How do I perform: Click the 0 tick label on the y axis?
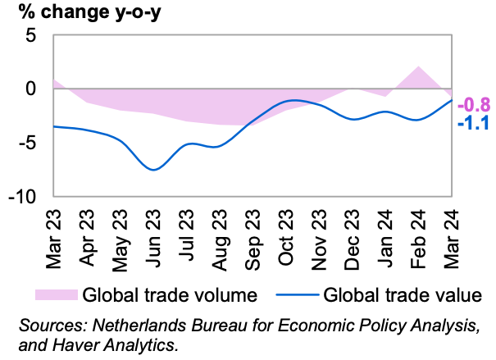pyautogui.click(x=32, y=89)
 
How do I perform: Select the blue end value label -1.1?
pyautogui.click(x=473, y=125)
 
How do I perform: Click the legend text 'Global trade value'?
pyautogui.click(x=401, y=293)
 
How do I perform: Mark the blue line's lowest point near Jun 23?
pyautogui.click(x=154, y=170)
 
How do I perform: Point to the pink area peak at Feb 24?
pyautogui.click(x=419, y=67)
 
